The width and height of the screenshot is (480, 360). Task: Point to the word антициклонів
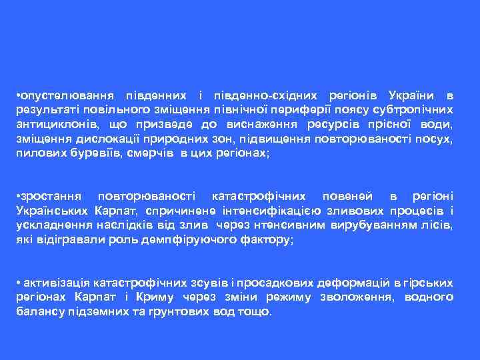click(x=54, y=125)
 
